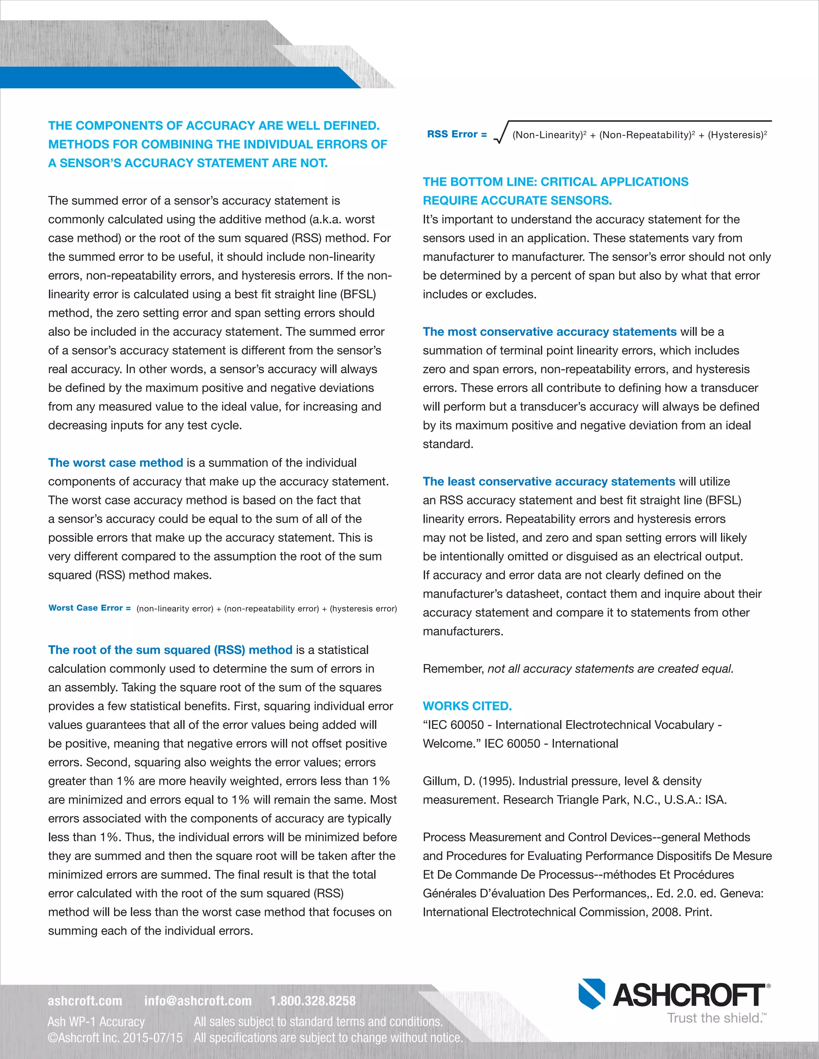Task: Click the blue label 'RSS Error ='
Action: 457,134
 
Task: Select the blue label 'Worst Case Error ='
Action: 89,608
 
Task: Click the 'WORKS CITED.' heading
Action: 467,706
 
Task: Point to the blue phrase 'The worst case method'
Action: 116,463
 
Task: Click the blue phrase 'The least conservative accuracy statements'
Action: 549,482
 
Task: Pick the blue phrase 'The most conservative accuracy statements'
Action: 549,332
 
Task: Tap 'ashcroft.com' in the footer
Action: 85,1001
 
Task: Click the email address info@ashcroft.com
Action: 198,1001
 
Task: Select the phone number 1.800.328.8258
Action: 313,1001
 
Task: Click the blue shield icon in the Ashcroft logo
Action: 591,993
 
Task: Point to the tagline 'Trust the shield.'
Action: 716,1018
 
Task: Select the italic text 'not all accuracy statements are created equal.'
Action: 610,669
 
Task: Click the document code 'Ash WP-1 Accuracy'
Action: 96,1022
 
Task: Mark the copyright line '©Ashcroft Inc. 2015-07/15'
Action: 115,1038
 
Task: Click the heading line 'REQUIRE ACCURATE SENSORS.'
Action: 517,200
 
